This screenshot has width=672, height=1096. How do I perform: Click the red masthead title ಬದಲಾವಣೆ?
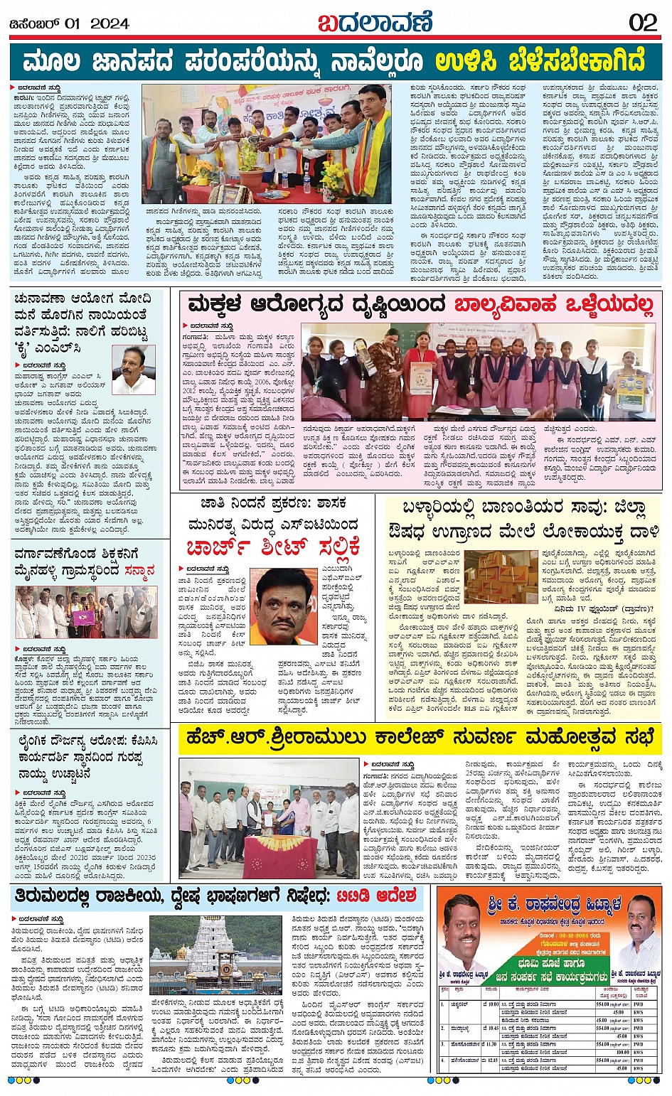coord(375,22)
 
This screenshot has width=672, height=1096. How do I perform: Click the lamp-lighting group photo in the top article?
coord(267,144)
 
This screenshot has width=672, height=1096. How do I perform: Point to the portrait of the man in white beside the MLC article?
coord(134,370)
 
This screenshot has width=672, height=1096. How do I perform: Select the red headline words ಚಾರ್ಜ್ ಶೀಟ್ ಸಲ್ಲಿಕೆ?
coord(273,547)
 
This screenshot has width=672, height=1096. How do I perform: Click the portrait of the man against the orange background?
coord(283,606)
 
